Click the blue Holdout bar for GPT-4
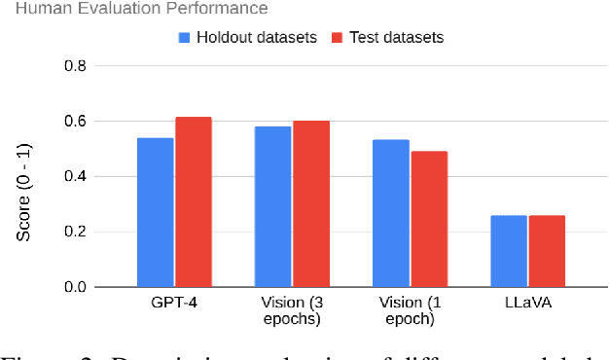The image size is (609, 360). [155, 212]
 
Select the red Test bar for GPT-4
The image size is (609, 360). [193, 201]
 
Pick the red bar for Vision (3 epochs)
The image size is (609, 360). [311, 203]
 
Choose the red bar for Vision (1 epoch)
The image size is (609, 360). [428, 219]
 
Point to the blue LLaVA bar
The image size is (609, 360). [508, 251]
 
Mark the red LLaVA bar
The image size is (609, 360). [546, 251]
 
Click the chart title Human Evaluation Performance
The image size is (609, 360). [134, 9]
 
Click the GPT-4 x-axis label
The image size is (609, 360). [174, 305]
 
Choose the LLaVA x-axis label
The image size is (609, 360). [526, 305]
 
